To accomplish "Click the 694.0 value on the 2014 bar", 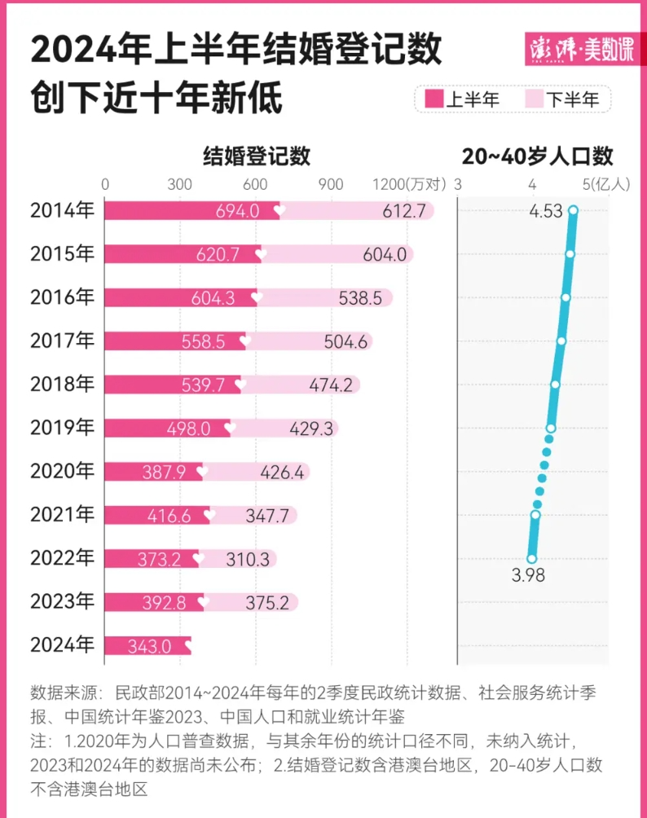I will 238,211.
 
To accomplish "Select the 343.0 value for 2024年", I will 149,646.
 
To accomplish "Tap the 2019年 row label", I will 62,427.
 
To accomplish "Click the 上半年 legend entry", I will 463,99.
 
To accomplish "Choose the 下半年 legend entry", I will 562,99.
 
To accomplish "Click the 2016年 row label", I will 62,297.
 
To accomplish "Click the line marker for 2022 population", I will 532,559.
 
